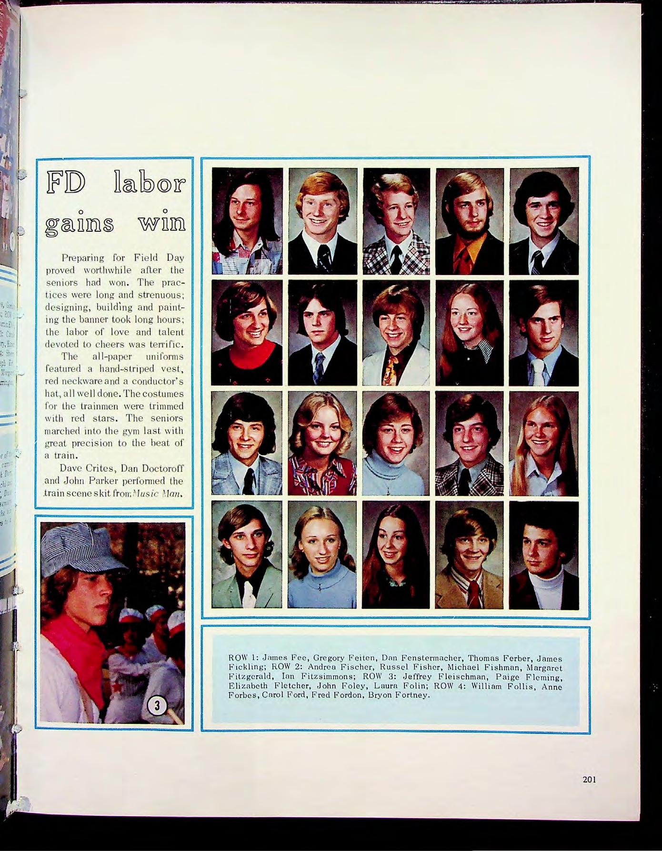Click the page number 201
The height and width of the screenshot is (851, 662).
589,780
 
